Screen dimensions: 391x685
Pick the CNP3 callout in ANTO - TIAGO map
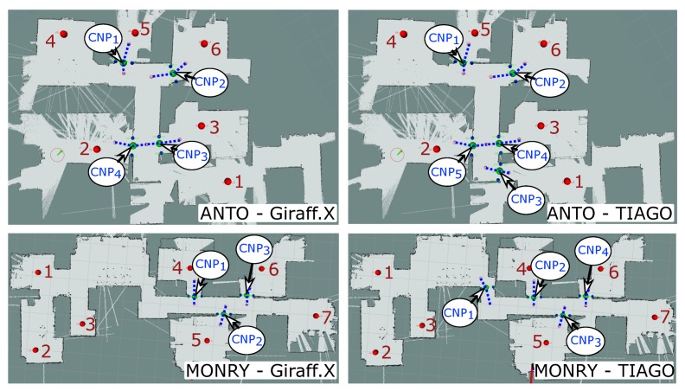(526, 198)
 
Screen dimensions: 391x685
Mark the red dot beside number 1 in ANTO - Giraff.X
(228, 181)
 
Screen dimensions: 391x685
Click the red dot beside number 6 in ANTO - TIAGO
(543, 43)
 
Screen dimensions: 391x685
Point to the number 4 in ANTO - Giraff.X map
(50, 41)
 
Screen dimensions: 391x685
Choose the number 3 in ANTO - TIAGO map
(554, 127)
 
